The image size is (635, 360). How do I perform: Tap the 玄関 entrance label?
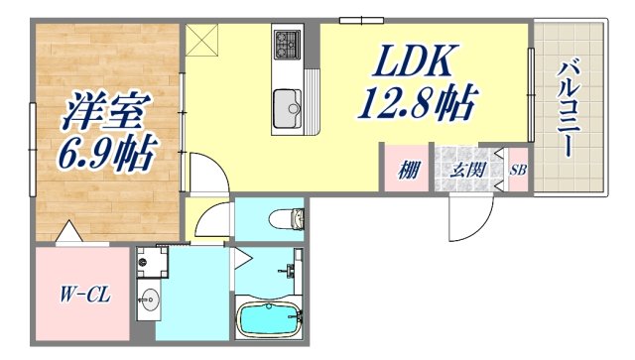(x=468, y=170)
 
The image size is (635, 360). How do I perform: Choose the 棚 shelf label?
(x=407, y=170)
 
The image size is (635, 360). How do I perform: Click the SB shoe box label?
(x=518, y=170)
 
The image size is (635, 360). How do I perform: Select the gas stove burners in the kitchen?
(x=287, y=44)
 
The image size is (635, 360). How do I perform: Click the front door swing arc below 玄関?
(x=466, y=218)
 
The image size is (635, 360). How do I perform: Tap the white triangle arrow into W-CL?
(x=68, y=234)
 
